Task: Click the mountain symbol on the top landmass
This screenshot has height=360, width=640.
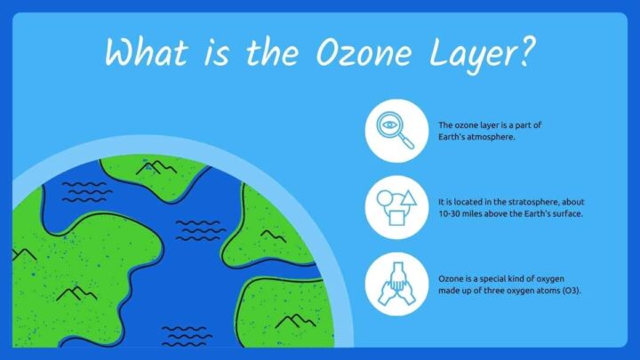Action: click(159, 166)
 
